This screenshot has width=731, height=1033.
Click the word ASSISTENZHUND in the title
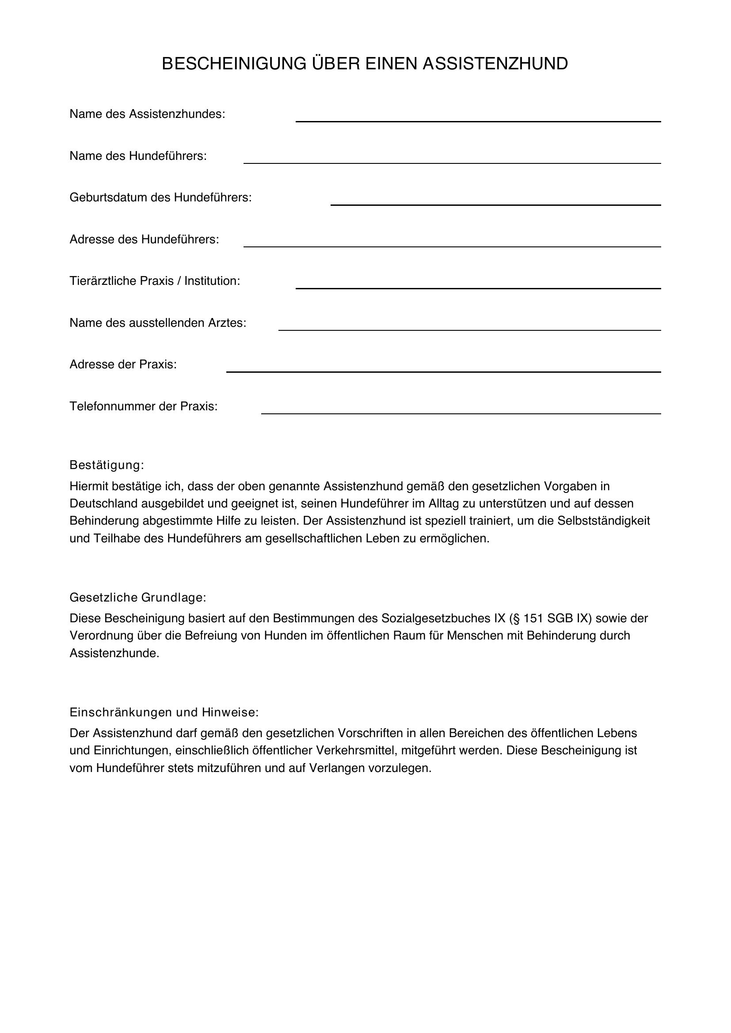(x=495, y=64)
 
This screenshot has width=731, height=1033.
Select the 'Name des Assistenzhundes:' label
(x=147, y=114)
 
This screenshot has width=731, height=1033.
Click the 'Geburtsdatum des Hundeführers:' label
(x=160, y=197)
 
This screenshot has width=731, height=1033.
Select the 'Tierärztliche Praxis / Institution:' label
(x=154, y=281)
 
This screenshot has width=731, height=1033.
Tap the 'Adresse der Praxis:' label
(x=123, y=364)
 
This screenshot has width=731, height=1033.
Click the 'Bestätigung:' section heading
(x=107, y=465)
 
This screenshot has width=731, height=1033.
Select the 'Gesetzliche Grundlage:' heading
(x=138, y=598)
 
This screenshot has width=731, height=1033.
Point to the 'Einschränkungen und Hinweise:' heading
(x=164, y=712)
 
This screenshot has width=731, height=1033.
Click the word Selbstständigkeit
(x=604, y=521)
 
